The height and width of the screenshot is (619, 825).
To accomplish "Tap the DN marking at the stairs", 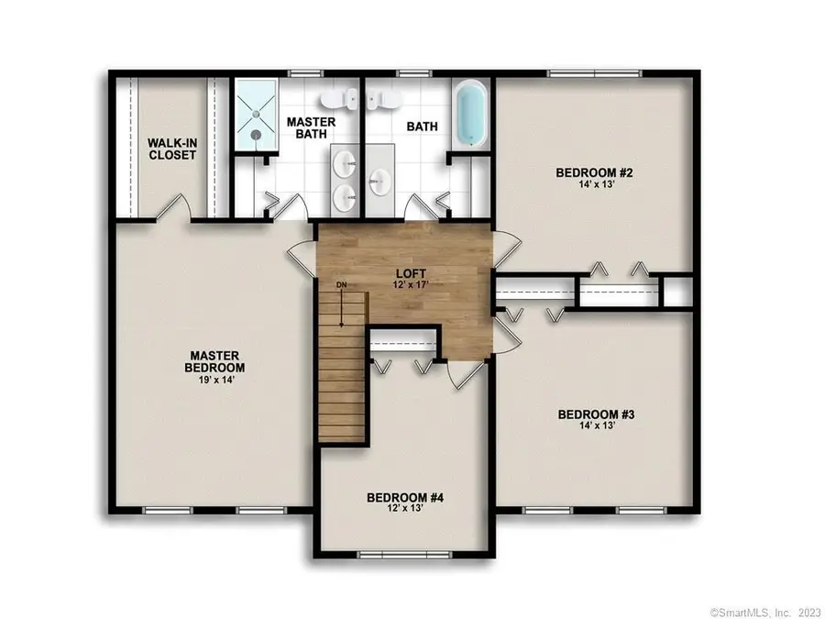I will [x=341, y=285].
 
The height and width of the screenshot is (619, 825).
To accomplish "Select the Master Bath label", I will [x=311, y=128].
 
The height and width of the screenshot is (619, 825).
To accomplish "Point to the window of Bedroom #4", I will [x=404, y=553].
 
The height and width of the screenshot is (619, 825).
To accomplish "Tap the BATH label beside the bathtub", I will [x=422, y=127].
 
